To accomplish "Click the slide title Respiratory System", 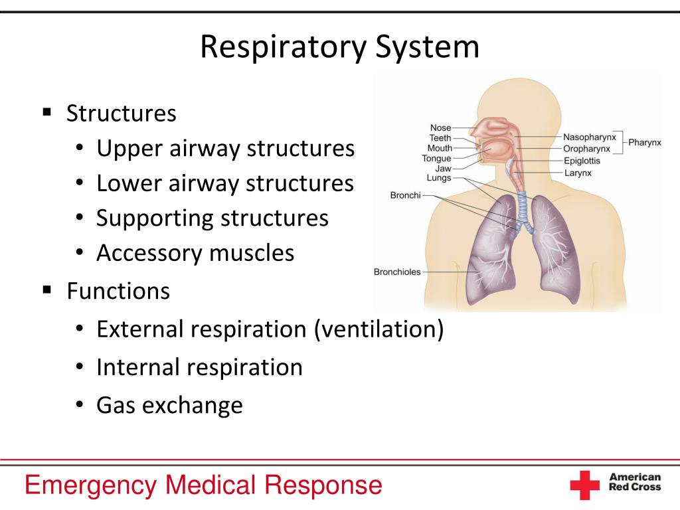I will coord(340,48).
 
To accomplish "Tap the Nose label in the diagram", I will coord(440,128).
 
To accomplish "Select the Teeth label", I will coord(440,138).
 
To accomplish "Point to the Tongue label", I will coord(436,159).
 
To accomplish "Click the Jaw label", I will coord(443,169).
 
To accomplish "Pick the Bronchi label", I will coord(405,196).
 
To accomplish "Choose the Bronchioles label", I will coord(397,272).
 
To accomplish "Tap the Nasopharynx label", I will coord(589,137).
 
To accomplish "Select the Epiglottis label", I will coord(582,161).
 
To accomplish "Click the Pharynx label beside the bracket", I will coord(645,143).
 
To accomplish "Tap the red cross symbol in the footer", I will coord(584,485).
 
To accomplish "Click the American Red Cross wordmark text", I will coord(635,482).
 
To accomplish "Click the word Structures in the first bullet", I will coord(122,114).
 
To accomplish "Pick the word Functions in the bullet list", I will coord(118,291).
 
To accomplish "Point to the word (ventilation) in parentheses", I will coord(379,329).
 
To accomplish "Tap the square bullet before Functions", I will coord(47,290).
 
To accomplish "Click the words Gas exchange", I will coord(169,404).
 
